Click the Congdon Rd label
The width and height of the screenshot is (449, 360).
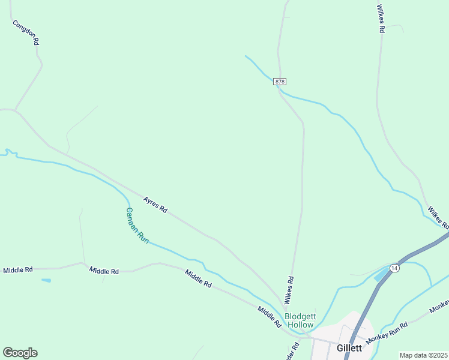(x=26, y=32)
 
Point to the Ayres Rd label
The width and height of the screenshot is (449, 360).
(x=155, y=204)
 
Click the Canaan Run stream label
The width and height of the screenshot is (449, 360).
(x=137, y=225)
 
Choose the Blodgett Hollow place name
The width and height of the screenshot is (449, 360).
(x=300, y=320)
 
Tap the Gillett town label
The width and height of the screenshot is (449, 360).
(x=349, y=347)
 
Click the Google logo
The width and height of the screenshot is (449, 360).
(x=20, y=353)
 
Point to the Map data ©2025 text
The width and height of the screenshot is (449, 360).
(x=423, y=355)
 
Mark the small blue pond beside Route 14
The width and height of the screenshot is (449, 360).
(x=381, y=275)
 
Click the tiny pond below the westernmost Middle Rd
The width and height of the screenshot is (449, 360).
(x=46, y=280)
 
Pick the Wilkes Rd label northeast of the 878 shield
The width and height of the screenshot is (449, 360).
(x=379, y=19)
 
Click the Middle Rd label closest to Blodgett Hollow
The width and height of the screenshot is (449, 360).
(x=270, y=316)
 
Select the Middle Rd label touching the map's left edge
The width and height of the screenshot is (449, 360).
(x=18, y=270)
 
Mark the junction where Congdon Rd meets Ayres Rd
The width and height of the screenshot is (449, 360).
(x=14, y=110)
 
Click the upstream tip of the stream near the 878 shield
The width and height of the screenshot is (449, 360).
(x=246, y=56)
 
